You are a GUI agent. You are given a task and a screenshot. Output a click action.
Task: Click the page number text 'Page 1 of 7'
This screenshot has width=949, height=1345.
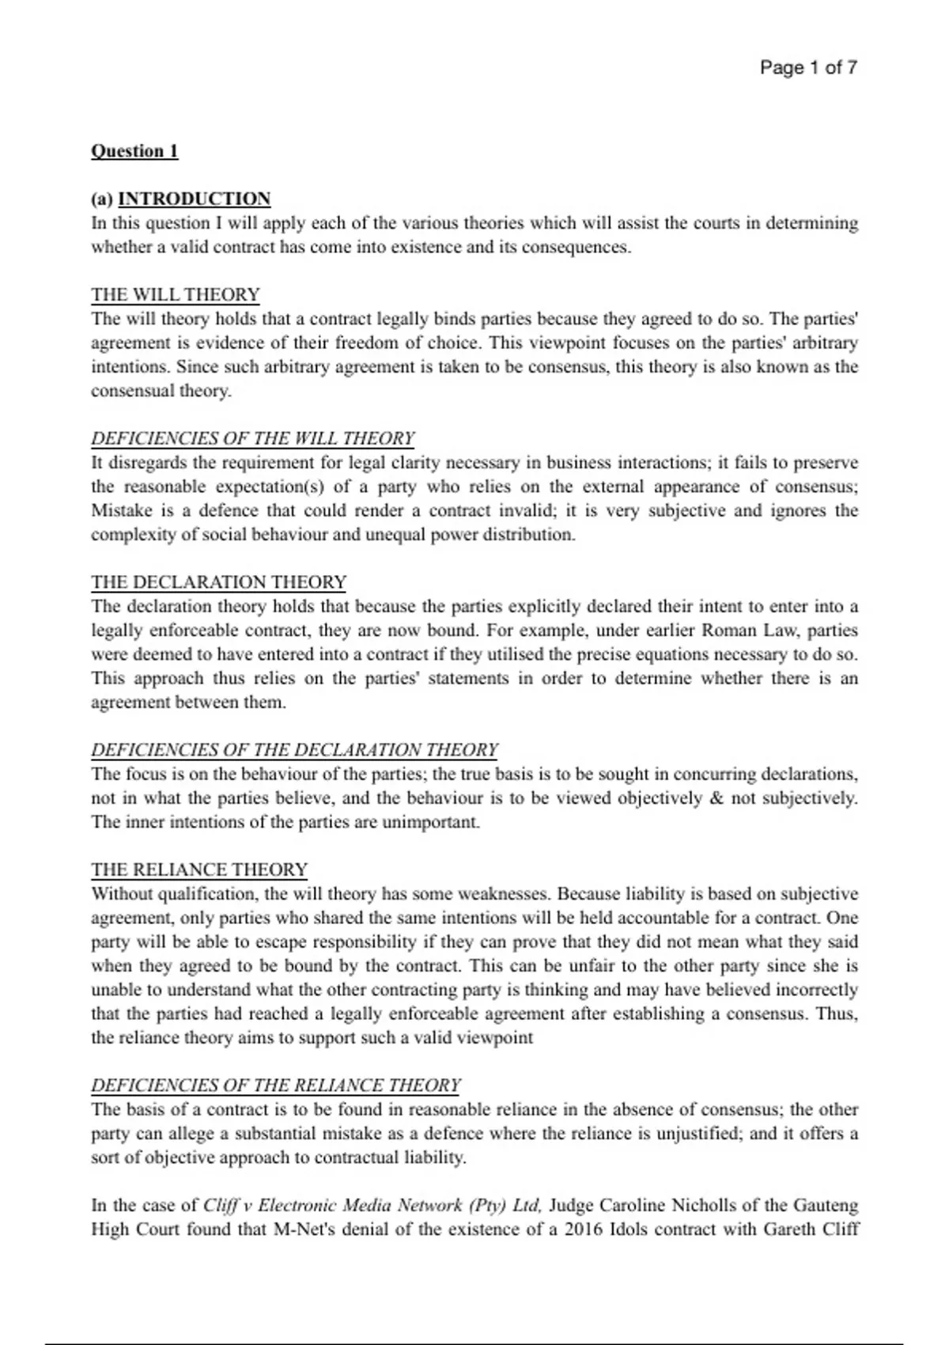(x=807, y=68)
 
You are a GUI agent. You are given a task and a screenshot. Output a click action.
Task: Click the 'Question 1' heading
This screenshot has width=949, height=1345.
(x=134, y=151)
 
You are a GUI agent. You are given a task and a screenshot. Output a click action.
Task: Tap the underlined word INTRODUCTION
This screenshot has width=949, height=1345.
(x=194, y=199)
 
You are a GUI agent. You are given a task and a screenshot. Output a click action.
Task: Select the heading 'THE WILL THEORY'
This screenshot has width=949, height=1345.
(x=175, y=295)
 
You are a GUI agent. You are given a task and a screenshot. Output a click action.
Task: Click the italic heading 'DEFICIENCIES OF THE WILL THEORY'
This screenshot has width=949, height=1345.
(x=252, y=438)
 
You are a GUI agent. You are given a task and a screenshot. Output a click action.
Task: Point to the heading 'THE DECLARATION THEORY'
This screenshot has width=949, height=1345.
(x=218, y=582)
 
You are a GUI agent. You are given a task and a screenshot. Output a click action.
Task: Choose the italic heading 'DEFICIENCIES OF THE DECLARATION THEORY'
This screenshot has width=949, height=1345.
(x=294, y=750)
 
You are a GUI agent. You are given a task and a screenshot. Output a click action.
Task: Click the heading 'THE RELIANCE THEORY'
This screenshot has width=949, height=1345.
(x=198, y=870)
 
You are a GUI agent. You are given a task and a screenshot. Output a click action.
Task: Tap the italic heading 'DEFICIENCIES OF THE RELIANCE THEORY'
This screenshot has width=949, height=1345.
(x=275, y=1085)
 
